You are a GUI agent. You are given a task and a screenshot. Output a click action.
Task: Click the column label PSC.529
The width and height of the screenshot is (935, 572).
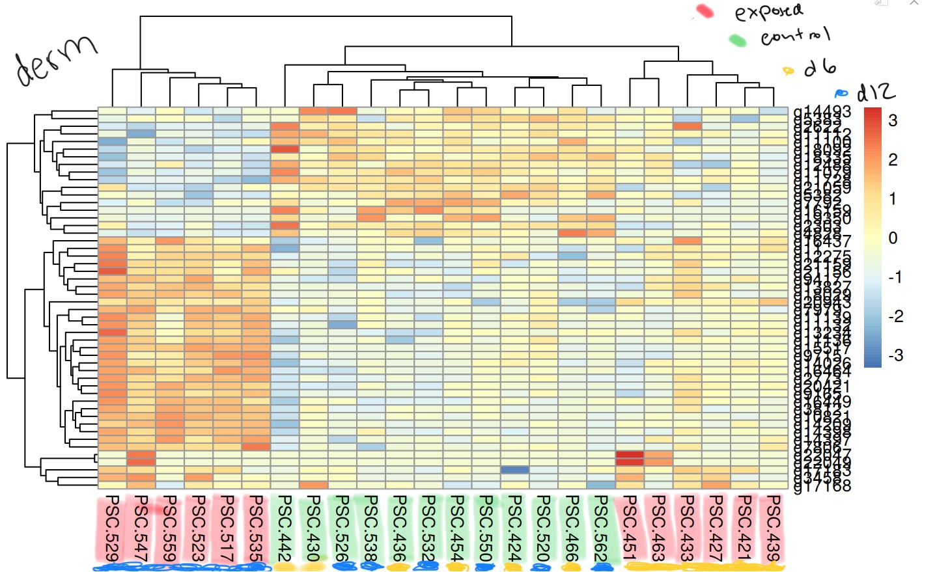(x=112, y=528)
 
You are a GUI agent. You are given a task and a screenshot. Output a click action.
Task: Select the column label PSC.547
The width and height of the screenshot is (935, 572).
(x=141, y=528)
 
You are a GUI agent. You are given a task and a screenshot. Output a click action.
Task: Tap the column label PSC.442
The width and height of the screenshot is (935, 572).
(x=285, y=528)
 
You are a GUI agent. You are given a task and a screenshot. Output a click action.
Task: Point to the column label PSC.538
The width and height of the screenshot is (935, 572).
(x=370, y=528)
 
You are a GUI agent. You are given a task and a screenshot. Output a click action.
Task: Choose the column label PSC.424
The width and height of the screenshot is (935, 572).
(x=514, y=528)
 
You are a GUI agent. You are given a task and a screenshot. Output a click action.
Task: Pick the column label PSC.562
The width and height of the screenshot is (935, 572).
(x=600, y=528)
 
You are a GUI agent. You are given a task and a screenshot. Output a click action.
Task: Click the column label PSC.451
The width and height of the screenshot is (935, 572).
(x=630, y=528)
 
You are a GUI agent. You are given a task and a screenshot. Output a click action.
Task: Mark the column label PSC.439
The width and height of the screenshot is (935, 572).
(x=773, y=528)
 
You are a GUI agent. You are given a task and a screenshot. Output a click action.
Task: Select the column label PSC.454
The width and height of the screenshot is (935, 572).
(x=457, y=528)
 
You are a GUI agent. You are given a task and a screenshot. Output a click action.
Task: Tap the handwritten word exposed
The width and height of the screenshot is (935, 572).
(x=769, y=12)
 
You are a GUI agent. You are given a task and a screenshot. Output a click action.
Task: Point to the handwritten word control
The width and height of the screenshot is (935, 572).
(x=795, y=36)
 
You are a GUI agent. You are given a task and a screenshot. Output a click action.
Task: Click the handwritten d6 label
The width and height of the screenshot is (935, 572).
(x=820, y=67)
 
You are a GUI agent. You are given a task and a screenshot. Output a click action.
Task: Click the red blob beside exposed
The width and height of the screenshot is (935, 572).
(x=704, y=11)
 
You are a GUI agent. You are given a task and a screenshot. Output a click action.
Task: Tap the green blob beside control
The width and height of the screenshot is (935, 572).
(x=737, y=40)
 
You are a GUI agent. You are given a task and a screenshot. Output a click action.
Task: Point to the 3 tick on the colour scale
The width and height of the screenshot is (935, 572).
(x=893, y=120)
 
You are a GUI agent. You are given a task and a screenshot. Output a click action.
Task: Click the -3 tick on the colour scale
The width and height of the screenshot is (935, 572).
(x=895, y=355)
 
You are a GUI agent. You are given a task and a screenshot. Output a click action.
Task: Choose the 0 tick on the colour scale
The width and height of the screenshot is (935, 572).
(x=893, y=238)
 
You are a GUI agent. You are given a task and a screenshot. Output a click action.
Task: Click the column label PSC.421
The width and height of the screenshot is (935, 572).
(x=744, y=528)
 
